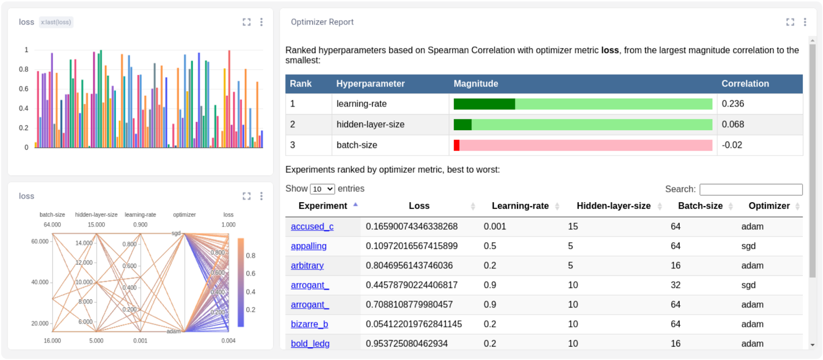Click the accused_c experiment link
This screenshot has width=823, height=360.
(x=312, y=226)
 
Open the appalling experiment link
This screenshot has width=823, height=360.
(x=309, y=246)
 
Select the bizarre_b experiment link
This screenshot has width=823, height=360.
(x=309, y=324)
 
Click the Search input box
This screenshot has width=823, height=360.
(x=750, y=189)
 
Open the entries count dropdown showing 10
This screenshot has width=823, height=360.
(x=323, y=189)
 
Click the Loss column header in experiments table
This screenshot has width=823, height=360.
(x=419, y=206)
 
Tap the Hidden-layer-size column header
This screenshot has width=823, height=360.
(x=613, y=206)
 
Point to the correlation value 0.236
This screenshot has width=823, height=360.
(x=732, y=103)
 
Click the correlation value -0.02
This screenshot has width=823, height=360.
(x=731, y=145)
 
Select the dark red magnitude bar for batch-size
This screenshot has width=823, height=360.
(x=456, y=145)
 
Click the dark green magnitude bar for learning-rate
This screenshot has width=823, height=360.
(x=484, y=104)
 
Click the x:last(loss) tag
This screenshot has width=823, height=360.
(x=56, y=22)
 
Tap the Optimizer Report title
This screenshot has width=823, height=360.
(x=322, y=22)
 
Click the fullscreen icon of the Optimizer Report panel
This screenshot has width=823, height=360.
(x=790, y=22)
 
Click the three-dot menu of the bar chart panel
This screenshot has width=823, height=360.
(x=261, y=22)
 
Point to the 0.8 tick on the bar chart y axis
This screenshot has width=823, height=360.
(x=24, y=69)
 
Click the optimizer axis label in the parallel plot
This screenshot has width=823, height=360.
(x=184, y=214)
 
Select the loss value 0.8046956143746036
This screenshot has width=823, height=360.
(x=409, y=265)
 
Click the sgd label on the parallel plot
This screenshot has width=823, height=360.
(x=176, y=233)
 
